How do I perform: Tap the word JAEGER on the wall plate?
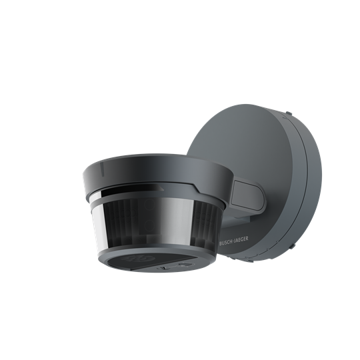click(x=241, y=239)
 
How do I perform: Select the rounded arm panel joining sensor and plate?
click(x=247, y=195)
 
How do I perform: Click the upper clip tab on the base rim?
click(x=289, y=113)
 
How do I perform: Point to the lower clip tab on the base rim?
click(x=292, y=245)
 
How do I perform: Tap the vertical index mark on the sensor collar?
click(x=103, y=169)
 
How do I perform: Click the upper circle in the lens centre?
click(x=149, y=205)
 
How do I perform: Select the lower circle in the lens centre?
click(x=149, y=225)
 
